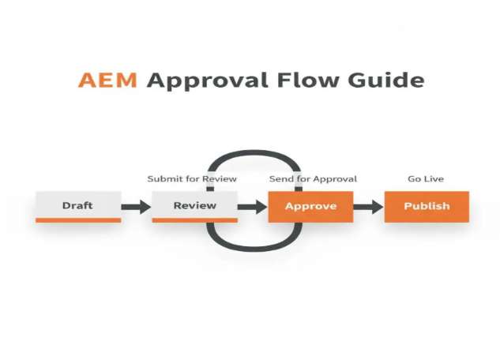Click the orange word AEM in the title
tap(109, 80)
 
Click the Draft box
tap(77, 205)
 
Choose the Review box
tap(194, 205)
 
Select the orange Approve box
tap(310, 206)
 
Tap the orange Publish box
tap(427, 206)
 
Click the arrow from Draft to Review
tap(136, 207)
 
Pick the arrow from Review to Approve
tap(253, 207)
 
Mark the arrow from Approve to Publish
tap(368, 207)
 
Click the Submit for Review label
tap(192, 178)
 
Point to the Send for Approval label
tap(313, 178)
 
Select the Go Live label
tap(426, 178)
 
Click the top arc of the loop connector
tap(253, 152)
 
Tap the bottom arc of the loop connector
tap(253, 246)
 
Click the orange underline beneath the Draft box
tap(77, 220)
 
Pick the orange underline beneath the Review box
tap(194, 220)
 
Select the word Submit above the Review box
tap(164, 178)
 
